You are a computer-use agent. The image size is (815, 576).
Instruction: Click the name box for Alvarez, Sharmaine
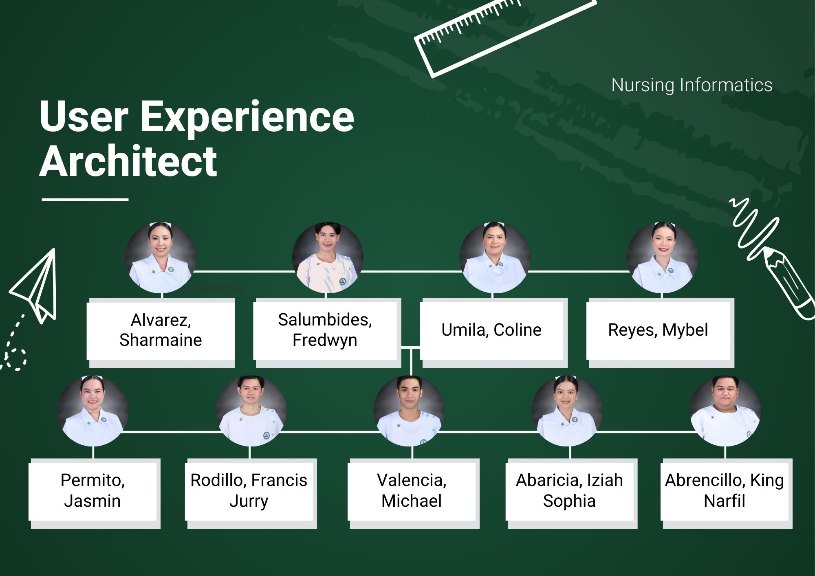click(x=161, y=330)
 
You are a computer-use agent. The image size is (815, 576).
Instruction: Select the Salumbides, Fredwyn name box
click(x=325, y=330)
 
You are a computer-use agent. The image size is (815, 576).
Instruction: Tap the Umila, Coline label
click(x=491, y=330)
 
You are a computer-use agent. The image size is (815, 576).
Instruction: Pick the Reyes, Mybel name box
click(x=658, y=330)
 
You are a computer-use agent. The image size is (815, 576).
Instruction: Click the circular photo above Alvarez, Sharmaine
click(x=161, y=257)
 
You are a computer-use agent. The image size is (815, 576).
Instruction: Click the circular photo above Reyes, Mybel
click(x=662, y=257)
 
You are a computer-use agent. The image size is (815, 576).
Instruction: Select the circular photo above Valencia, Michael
click(x=409, y=411)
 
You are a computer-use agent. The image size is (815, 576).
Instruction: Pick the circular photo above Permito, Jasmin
click(x=93, y=411)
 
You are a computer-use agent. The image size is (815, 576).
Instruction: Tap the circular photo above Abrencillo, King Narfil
click(x=725, y=411)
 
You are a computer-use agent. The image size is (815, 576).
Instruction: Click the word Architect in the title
click(x=128, y=161)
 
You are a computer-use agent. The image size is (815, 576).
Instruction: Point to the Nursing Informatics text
click(x=692, y=85)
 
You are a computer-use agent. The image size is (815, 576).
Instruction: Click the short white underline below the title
click(x=85, y=200)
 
